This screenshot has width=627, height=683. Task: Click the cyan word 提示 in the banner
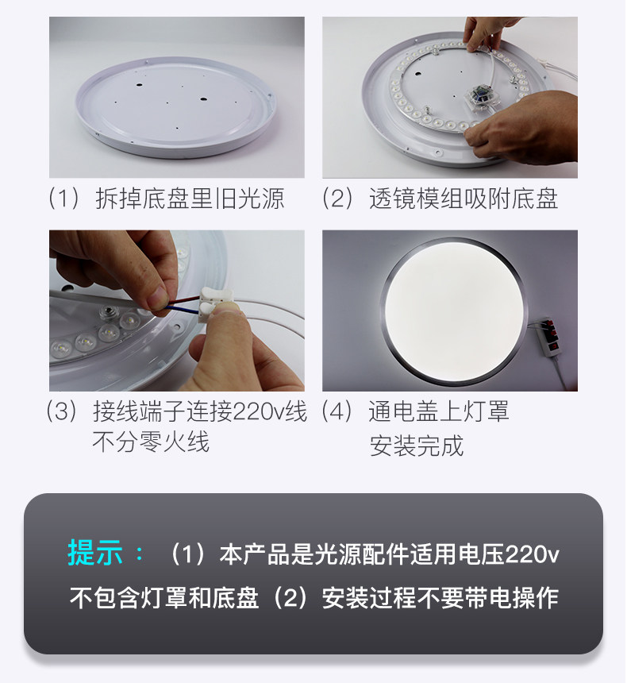[95, 554]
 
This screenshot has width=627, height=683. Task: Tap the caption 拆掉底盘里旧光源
[190, 199]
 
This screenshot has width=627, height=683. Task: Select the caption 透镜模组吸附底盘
[464, 199]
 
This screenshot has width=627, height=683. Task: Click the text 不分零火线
[151, 442]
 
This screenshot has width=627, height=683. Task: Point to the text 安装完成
[417, 446]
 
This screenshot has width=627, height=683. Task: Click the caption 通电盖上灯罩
[438, 411]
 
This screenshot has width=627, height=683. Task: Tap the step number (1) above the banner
[64, 199]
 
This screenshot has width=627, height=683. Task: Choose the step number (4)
[337, 411]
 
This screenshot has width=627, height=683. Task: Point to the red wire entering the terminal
[183, 300]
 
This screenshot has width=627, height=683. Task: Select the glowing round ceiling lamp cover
[454, 311]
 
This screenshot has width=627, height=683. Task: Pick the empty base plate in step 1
[176, 106]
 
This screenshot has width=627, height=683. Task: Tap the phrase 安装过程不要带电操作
[440, 597]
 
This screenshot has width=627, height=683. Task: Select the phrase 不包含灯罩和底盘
[164, 597]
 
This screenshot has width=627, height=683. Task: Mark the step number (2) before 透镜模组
[337, 199]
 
